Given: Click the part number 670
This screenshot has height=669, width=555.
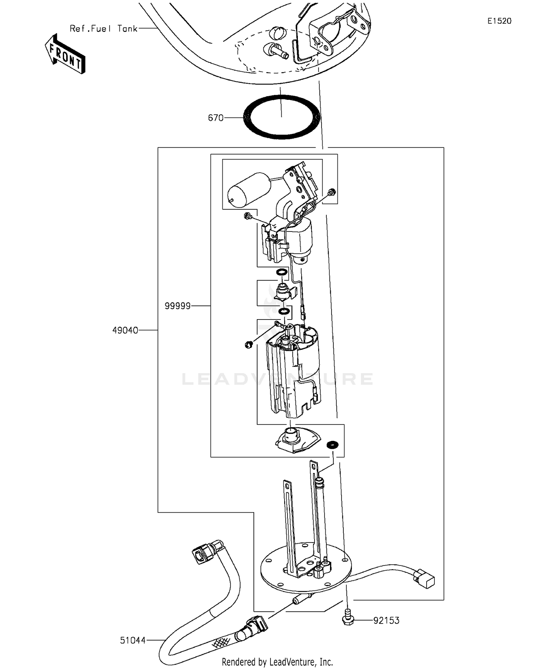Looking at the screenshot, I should (x=216, y=118).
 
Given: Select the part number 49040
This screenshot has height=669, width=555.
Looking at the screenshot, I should (x=125, y=330).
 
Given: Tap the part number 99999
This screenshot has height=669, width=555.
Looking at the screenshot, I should (x=178, y=306).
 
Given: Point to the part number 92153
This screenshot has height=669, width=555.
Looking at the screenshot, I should (x=386, y=621).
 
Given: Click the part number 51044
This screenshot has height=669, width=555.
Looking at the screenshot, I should (x=132, y=640).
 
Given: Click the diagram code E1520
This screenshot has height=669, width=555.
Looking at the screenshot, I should (x=499, y=21).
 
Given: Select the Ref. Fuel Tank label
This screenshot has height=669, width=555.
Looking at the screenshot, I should (x=104, y=29).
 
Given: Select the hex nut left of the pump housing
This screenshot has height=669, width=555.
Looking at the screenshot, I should (x=248, y=345).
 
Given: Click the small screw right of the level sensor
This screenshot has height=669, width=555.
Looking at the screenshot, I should (x=332, y=192).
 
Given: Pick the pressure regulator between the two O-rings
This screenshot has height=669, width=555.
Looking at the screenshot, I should (x=284, y=292).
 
